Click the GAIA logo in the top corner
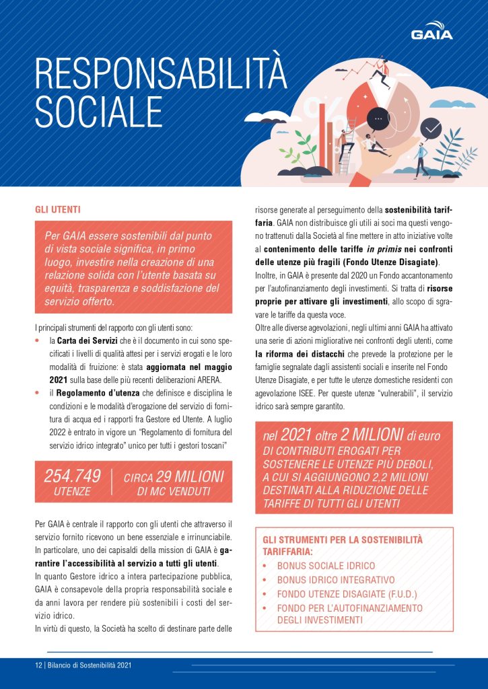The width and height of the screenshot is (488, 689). click(431, 33)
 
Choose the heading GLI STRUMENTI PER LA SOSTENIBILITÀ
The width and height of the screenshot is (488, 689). click(343, 540)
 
